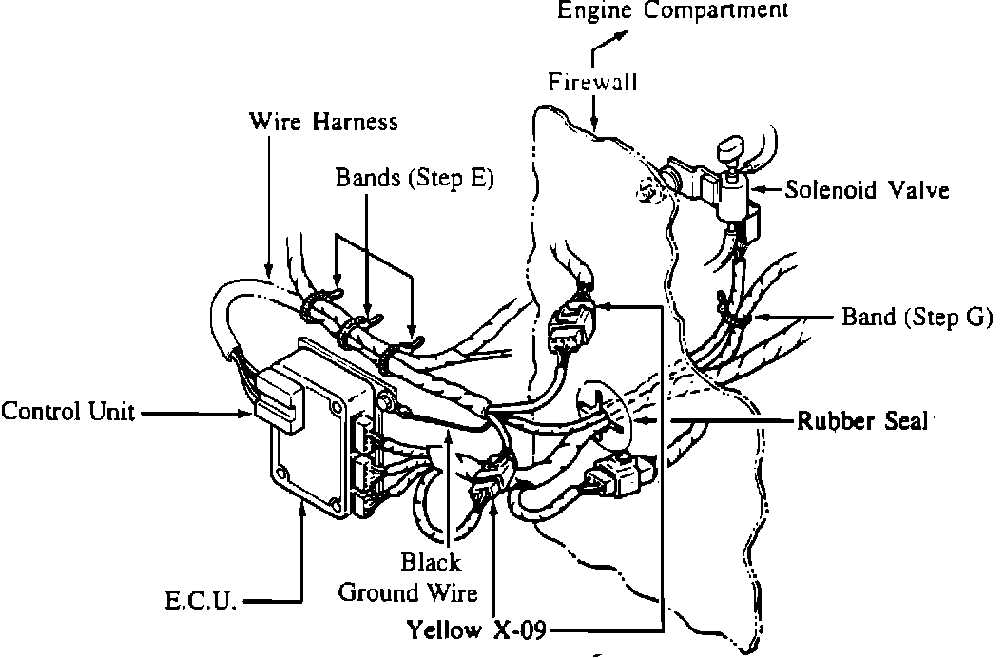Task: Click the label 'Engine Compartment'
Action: pyautogui.click(x=672, y=11)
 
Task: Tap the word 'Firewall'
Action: pyautogui.click(x=591, y=82)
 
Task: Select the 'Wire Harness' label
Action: pyautogui.click(x=323, y=122)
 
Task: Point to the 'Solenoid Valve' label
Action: pyautogui.click(x=867, y=190)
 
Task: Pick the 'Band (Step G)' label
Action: pyautogui.click(x=917, y=317)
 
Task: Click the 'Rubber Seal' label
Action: pyautogui.click(x=861, y=420)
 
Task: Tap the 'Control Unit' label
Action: pyautogui.click(x=67, y=412)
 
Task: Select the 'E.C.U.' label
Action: pyautogui.click(x=200, y=601)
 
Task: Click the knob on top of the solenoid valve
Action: pyautogui.click(x=730, y=150)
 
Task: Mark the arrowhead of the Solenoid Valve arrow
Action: pyautogui.click(x=762, y=190)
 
